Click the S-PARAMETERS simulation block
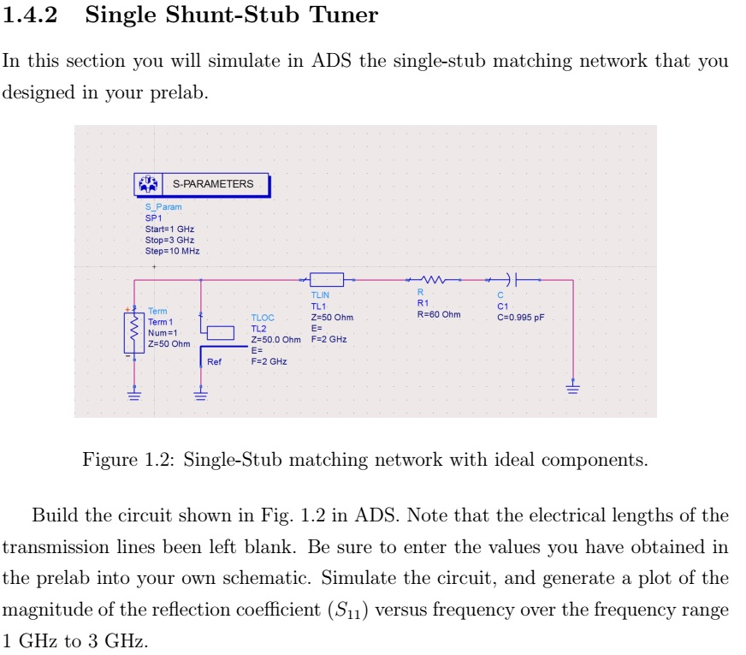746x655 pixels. (201, 184)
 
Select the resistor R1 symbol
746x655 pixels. (433, 280)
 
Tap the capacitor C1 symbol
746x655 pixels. (512, 279)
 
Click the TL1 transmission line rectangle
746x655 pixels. (326, 279)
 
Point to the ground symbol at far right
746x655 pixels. (572, 389)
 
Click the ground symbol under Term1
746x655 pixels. (134, 394)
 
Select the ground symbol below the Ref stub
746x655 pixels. (200, 394)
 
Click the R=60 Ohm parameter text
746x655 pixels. (438, 314)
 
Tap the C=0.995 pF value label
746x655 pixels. (519, 317)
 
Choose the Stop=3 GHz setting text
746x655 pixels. (169, 240)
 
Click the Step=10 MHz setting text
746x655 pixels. (172, 250)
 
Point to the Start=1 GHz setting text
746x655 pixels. (169, 229)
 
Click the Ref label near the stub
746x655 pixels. (214, 362)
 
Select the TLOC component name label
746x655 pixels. (263, 318)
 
